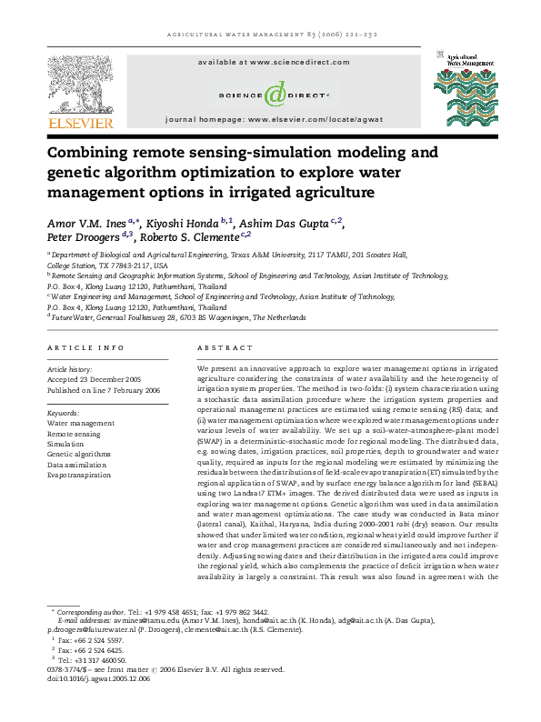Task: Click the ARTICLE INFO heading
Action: (x=85, y=348)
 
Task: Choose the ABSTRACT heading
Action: (x=218, y=348)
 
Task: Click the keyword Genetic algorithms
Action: (x=79, y=453)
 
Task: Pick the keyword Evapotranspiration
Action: (x=81, y=475)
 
